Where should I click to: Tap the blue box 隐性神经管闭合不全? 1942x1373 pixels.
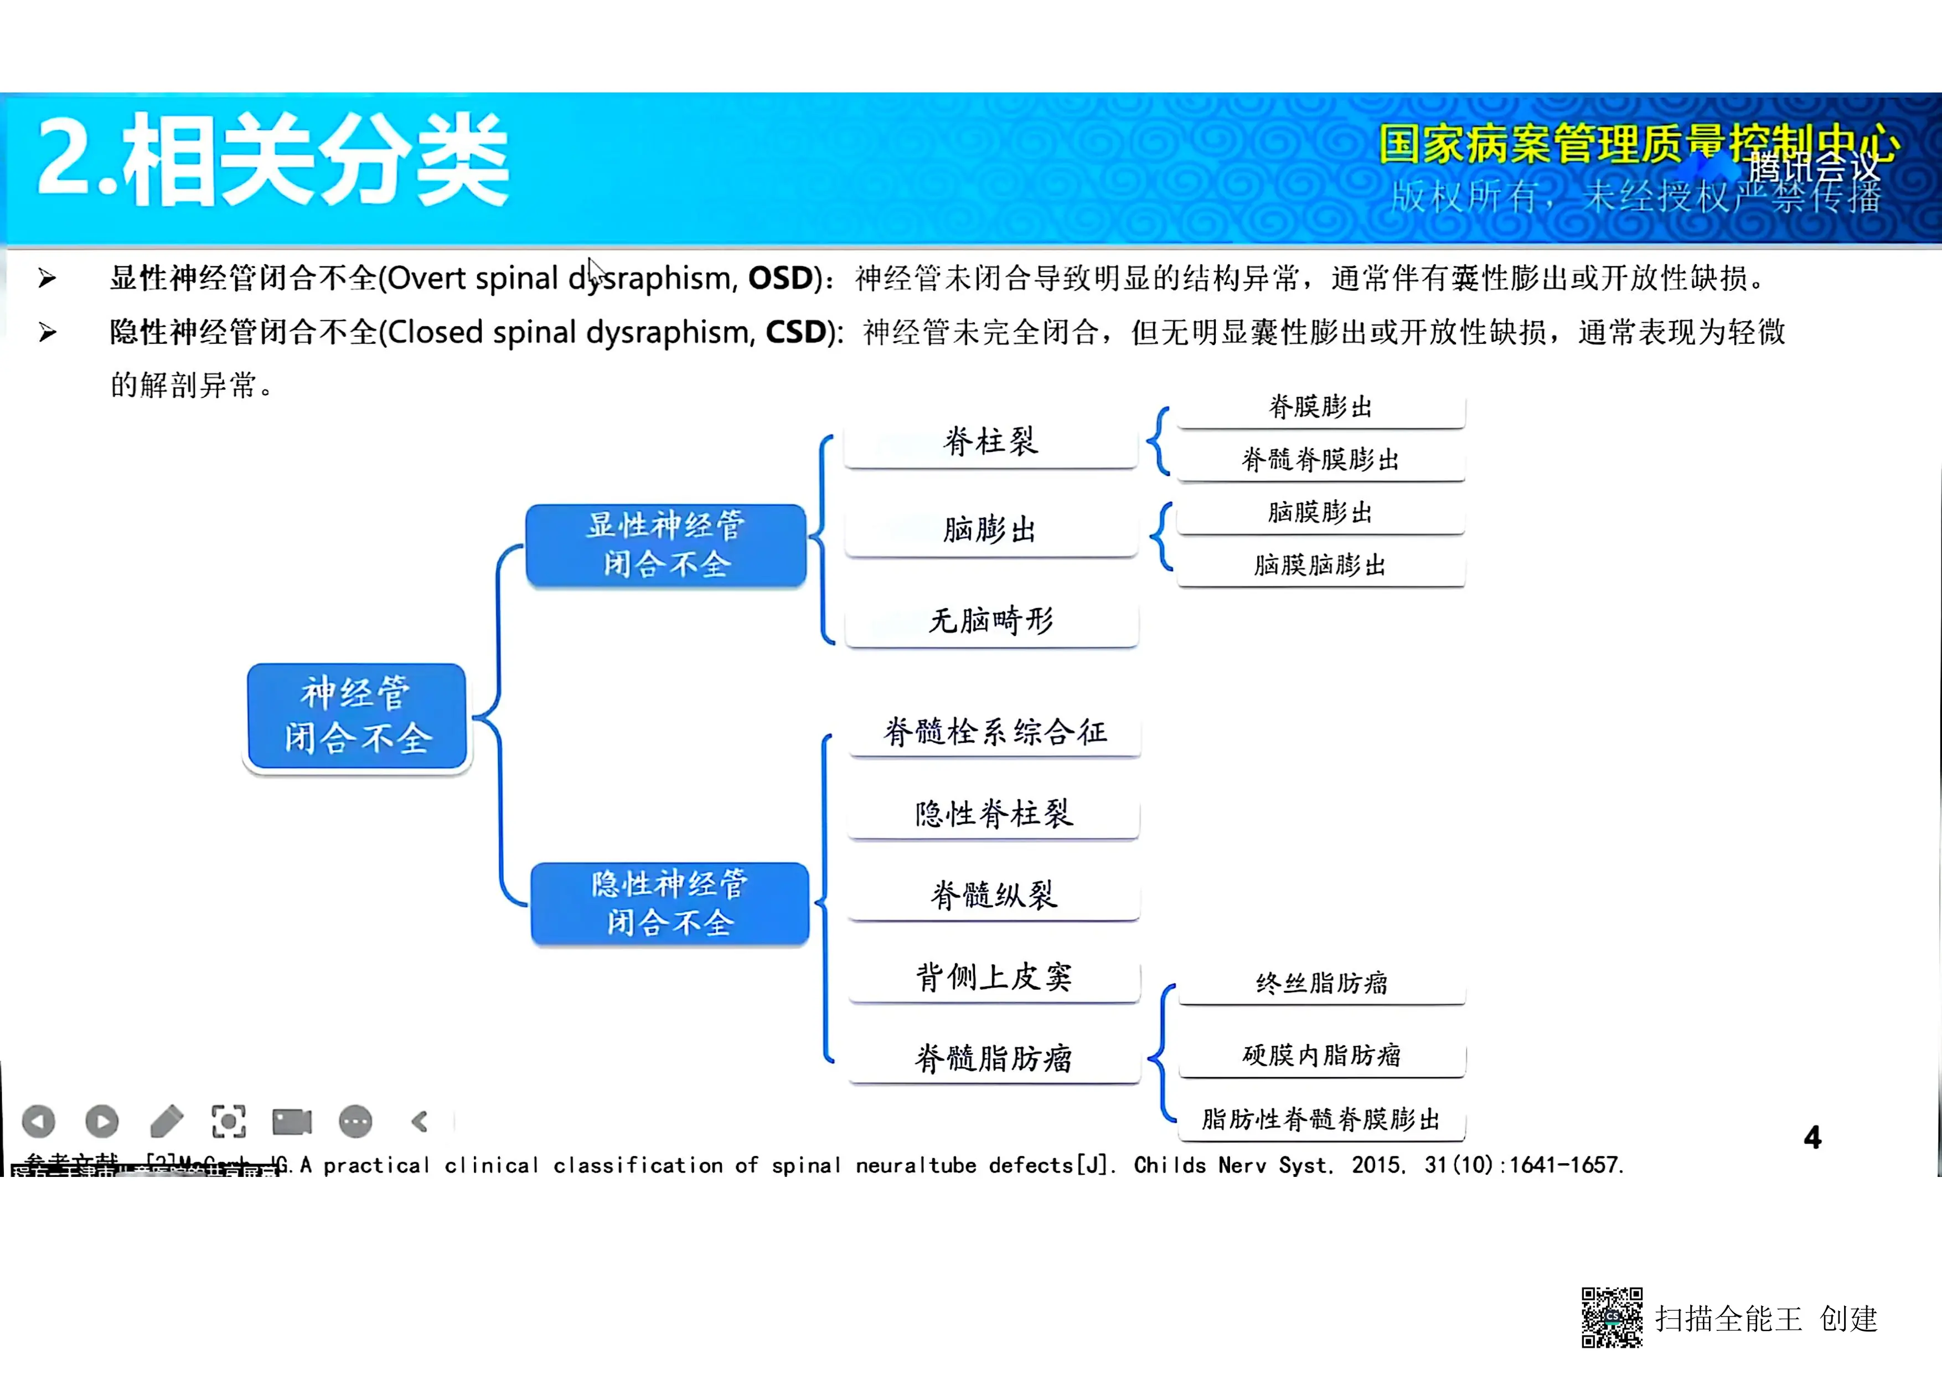[669, 903]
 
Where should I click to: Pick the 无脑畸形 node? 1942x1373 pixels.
[991, 621]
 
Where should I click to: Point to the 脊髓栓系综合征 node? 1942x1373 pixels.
[995, 732]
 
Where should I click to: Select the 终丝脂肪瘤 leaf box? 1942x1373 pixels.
[1321, 983]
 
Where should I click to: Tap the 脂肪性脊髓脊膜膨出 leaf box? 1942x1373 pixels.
[1321, 1119]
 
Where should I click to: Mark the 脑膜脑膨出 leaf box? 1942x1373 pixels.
[1320, 565]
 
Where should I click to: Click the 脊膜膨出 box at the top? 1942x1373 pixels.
[1320, 408]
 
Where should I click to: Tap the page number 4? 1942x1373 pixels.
[1812, 1137]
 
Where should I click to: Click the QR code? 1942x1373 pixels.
[1612, 1317]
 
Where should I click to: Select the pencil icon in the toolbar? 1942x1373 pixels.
[167, 1122]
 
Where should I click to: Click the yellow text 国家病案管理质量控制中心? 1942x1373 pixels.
[1636, 144]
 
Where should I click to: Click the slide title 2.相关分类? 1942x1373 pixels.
[272, 161]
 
